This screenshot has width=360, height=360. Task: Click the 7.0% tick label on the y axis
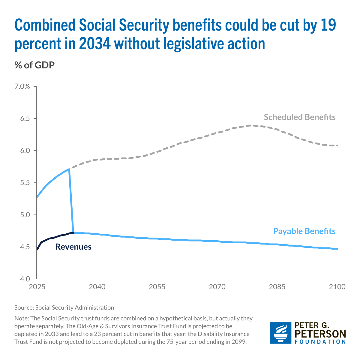pos(22,87)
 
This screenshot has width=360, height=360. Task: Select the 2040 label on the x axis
pos(97,287)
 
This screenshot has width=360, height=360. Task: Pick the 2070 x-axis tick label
pos(217,287)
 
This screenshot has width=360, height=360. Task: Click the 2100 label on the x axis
pos(337,287)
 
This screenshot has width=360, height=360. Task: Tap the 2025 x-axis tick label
pos(37,287)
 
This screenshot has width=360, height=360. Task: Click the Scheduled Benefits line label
pos(299,117)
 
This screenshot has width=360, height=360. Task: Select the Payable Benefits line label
pos(304,231)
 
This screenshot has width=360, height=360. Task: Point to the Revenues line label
pos(73,247)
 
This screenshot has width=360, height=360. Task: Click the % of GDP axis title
pos(34,65)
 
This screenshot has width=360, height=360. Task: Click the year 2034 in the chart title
pos(95,44)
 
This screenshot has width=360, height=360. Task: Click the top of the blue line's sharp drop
pos(69,169)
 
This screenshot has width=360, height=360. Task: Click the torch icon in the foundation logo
pos(280,333)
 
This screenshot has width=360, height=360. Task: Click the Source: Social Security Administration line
pos(64,307)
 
